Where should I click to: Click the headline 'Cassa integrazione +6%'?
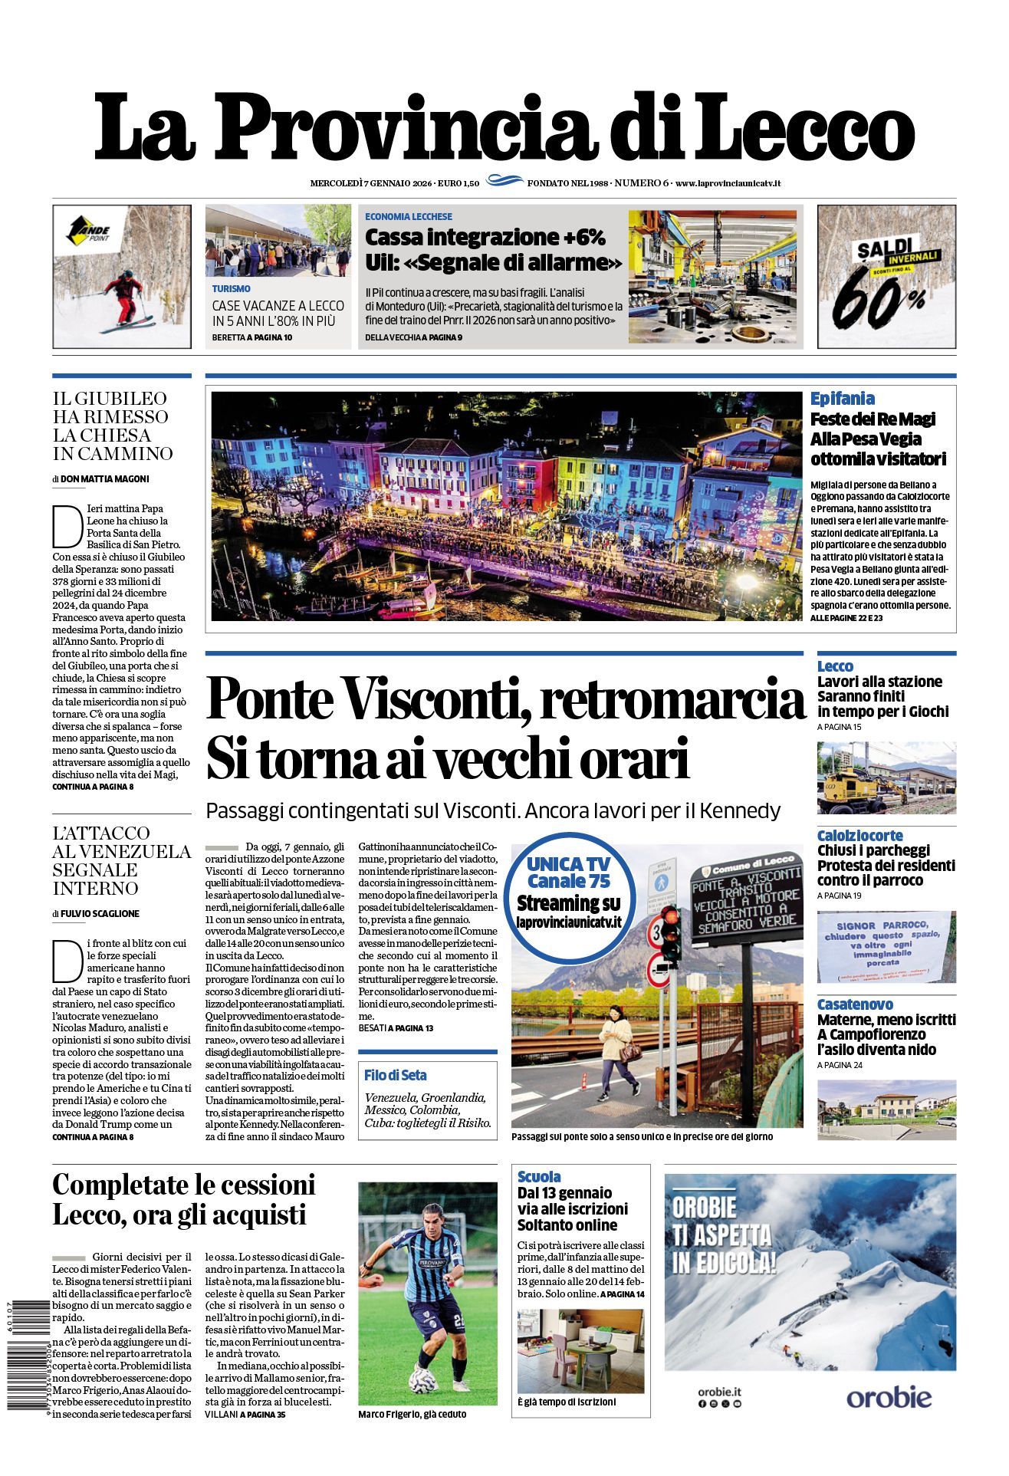(485, 236)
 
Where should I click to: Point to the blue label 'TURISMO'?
(231, 289)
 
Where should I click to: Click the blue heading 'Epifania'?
(842, 399)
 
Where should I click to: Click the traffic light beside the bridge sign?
(669, 934)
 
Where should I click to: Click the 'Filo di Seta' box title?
(396, 1075)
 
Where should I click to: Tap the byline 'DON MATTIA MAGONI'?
(105, 479)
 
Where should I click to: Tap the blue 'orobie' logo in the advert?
(889, 1397)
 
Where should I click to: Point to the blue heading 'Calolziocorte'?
(859, 836)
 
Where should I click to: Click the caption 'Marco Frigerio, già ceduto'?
(412, 1414)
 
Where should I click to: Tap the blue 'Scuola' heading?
(539, 1176)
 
